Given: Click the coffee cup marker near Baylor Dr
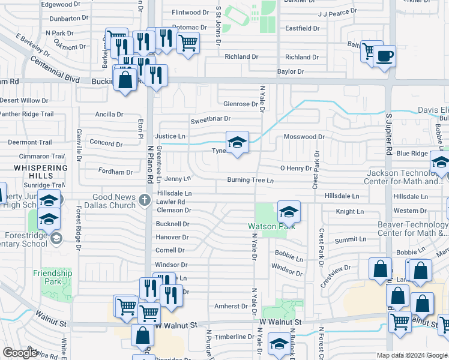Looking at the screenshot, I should (x=384, y=57).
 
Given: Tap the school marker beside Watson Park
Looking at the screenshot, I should (x=289, y=212).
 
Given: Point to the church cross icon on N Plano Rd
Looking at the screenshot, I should (x=144, y=200).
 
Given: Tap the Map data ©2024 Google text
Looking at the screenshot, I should (x=412, y=355).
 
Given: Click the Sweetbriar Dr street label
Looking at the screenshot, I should (x=211, y=121).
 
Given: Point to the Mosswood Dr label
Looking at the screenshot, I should (x=304, y=137).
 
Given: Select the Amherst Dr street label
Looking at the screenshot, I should (x=231, y=306).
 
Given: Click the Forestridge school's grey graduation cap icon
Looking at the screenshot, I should (x=56, y=239).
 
